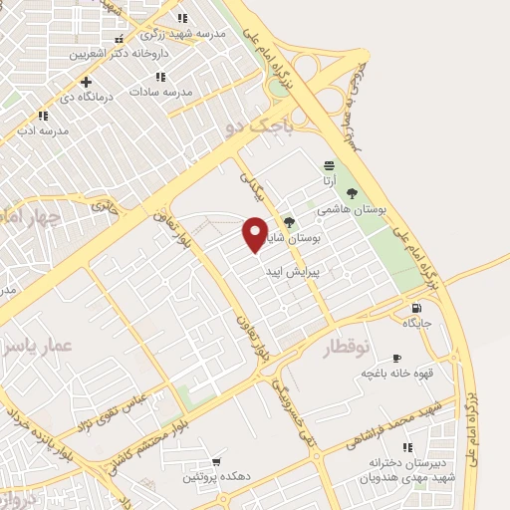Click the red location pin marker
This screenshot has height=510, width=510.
[x=255, y=233]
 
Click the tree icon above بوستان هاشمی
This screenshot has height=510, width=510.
[x=351, y=193]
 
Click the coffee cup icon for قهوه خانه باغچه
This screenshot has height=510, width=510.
[x=396, y=358]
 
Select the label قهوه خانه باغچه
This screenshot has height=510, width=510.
[x=395, y=374]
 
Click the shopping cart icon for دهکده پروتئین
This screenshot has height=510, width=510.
[x=216, y=462]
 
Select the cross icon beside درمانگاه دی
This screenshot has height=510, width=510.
[x=87, y=82]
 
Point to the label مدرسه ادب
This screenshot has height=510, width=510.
[x=42, y=130]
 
